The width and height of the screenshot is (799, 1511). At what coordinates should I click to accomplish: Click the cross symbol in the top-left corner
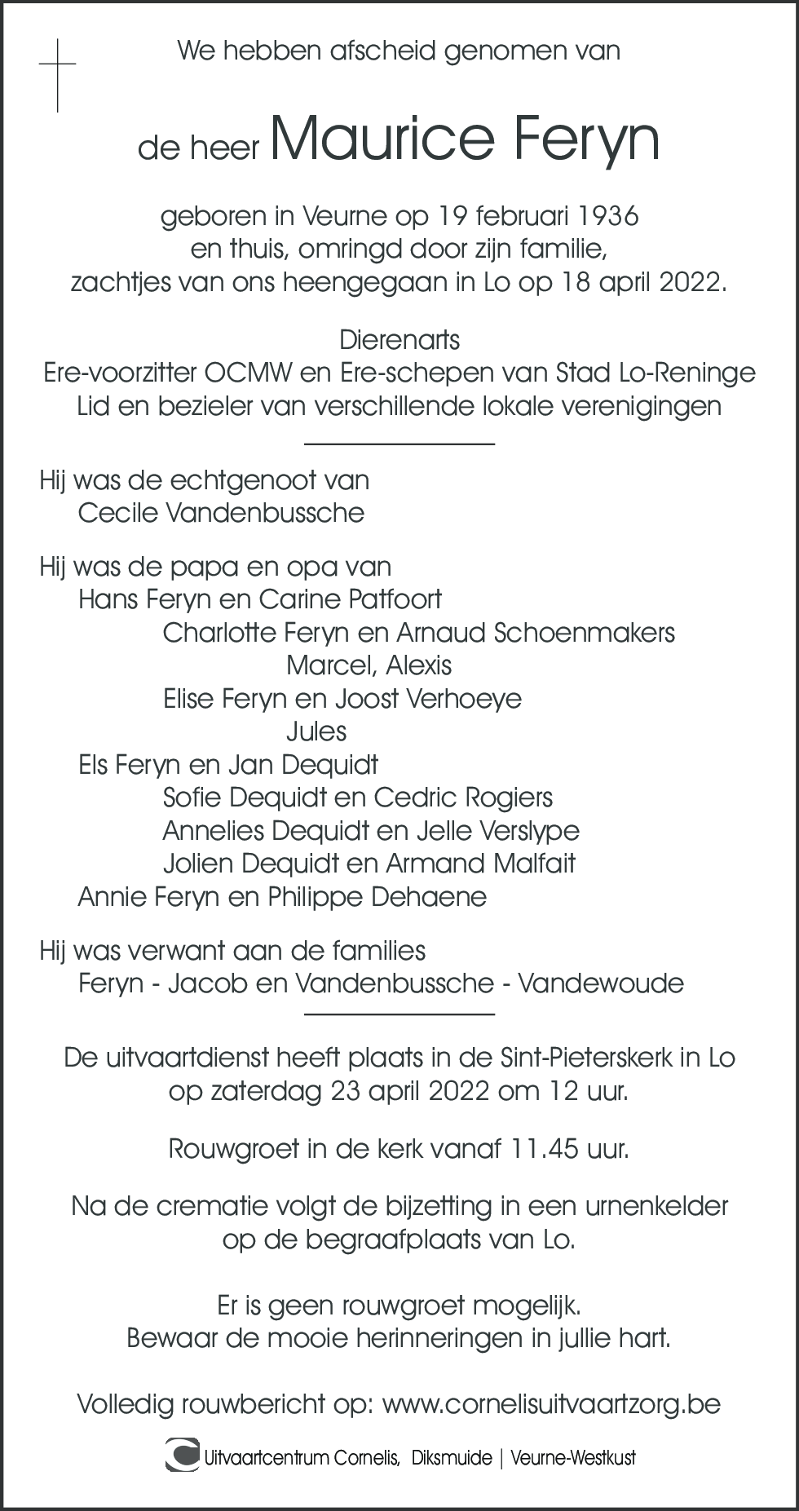(57, 75)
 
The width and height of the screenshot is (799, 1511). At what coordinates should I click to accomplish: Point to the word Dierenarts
(399, 340)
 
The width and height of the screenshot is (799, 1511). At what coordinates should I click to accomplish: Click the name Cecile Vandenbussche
(221, 513)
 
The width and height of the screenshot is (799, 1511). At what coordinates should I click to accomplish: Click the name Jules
(316, 731)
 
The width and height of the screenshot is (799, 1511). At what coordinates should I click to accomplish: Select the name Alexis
(418, 665)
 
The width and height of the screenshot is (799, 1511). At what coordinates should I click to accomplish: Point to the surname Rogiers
(509, 797)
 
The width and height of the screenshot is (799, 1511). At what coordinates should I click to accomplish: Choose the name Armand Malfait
(480, 864)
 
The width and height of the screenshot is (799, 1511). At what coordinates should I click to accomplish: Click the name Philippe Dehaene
(377, 897)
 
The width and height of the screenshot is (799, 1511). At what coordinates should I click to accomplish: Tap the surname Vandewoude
(601, 983)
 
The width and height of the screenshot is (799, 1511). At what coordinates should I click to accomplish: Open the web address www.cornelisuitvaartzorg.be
(551, 1404)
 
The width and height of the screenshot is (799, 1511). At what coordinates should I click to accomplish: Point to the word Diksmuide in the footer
(452, 1458)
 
